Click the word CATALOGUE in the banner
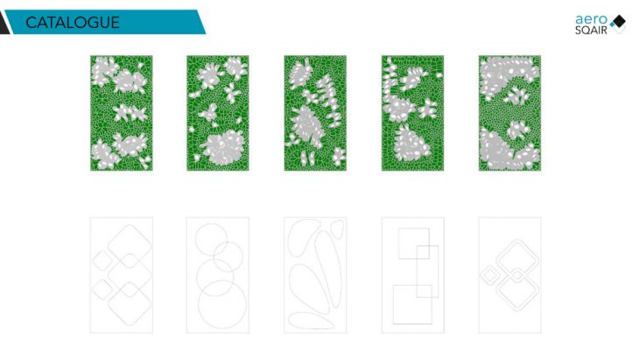click(73, 23)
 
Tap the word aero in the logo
click(592, 19)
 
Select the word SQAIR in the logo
click(591, 30)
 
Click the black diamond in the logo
click(619, 21)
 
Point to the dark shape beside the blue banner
click(4, 23)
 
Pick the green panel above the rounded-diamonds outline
click(122, 113)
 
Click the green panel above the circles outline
click(218, 113)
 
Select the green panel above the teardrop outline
click(315, 113)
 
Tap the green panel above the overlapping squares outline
click(412, 113)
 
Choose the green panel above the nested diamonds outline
click(509, 113)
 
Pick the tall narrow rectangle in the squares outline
click(417, 272)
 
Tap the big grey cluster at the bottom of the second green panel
click(223, 147)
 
